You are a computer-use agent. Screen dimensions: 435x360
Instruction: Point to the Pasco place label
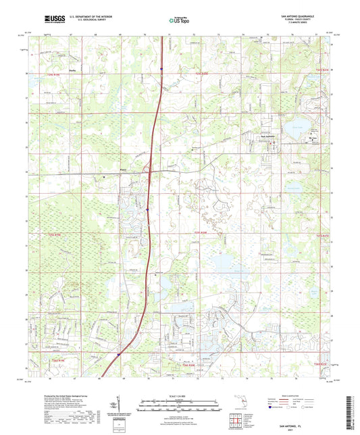(123, 170)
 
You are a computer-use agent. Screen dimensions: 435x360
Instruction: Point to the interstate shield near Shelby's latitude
(161, 69)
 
